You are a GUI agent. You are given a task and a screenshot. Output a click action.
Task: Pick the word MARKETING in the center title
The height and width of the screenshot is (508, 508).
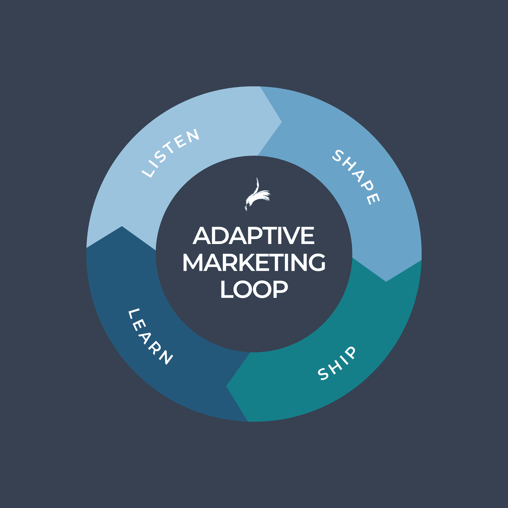point(254,262)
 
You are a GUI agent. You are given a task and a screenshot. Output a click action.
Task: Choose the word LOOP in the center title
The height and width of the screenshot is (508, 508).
point(254,289)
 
